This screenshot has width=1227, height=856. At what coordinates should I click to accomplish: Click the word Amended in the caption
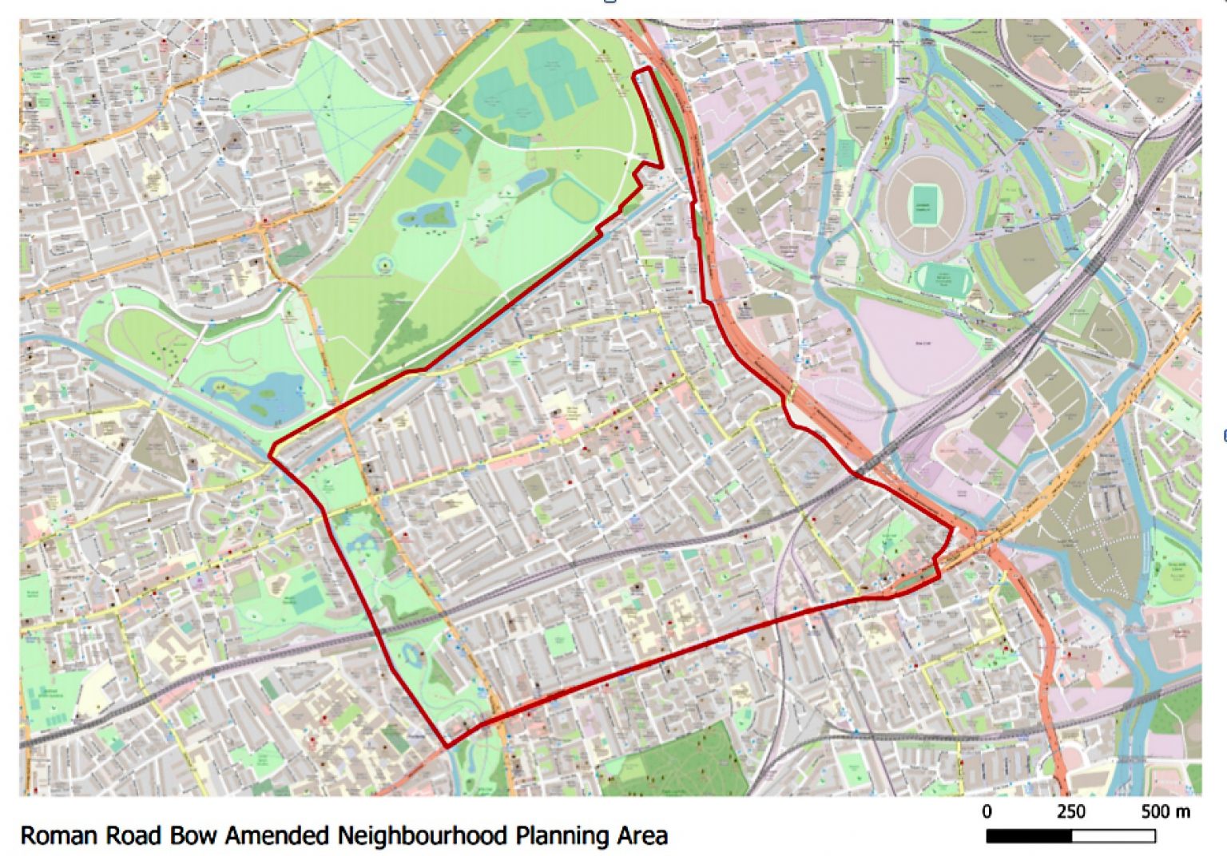coord(276,836)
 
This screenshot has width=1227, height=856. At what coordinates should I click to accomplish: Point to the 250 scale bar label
coord(1070,812)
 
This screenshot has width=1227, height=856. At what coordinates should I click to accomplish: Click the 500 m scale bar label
coord(1165,812)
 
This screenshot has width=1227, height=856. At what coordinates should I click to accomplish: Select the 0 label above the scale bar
coord(987,812)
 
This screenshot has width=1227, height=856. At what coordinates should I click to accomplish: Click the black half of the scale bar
coord(1029,836)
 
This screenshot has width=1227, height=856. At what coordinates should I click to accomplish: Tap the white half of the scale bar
coord(1114,836)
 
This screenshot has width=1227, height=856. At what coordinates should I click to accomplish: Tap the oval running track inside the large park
coord(576,200)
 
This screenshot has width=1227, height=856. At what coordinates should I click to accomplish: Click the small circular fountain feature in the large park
coord(385,264)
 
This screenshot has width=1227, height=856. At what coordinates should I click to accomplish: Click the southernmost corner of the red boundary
coord(446,747)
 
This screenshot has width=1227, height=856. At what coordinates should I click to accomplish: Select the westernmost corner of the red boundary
coord(270,454)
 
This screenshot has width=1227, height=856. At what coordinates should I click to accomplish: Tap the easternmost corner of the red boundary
coord(952,529)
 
